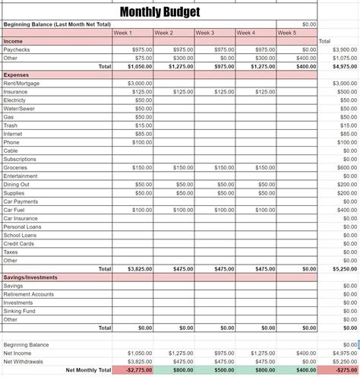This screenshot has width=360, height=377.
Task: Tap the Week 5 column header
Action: tap(287, 33)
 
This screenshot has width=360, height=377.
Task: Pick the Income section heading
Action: tap(13, 40)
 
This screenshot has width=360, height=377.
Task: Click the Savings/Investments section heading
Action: tap(30, 277)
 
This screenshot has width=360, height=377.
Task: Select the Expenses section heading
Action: tap(17, 74)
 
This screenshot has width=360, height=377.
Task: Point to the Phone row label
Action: tap(11, 142)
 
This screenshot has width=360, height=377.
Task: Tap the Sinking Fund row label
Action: tap(19, 311)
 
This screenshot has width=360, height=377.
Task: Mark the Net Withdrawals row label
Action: tap(22, 361)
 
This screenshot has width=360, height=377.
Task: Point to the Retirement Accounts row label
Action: tap(28, 294)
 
